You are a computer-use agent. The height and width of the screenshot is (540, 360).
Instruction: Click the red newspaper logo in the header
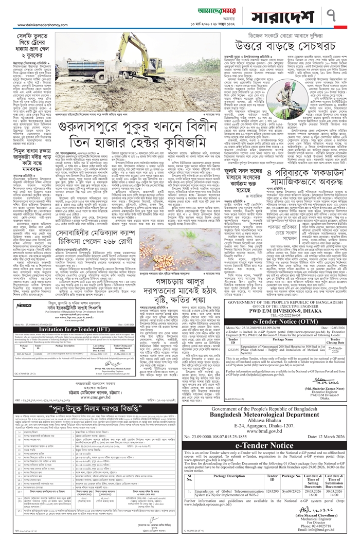pos(180,6)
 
